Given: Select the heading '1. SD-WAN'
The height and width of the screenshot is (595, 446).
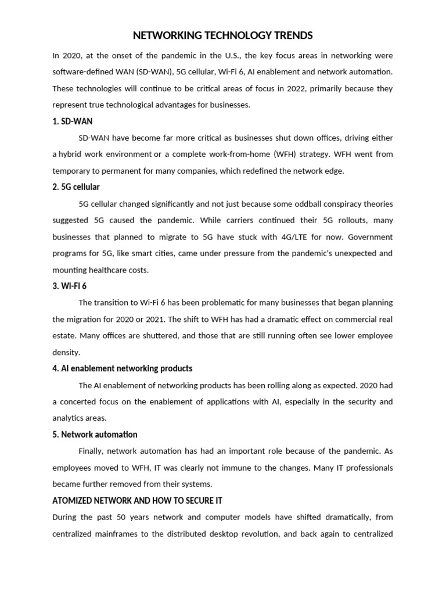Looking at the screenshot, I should click(x=73, y=121).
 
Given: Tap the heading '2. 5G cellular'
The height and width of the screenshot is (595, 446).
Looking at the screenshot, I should click(x=76, y=187).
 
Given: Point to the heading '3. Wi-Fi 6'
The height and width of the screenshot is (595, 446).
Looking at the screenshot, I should click(x=70, y=286).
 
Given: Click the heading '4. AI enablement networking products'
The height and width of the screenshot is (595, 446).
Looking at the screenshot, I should click(x=123, y=368).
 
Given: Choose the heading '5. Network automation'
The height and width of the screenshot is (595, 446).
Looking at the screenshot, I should click(x=95, y=435).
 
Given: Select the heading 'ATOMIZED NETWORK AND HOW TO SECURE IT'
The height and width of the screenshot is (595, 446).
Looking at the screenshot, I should click(x=138, y=500).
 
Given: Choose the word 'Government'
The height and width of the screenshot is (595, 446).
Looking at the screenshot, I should click(x=371, y=237).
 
